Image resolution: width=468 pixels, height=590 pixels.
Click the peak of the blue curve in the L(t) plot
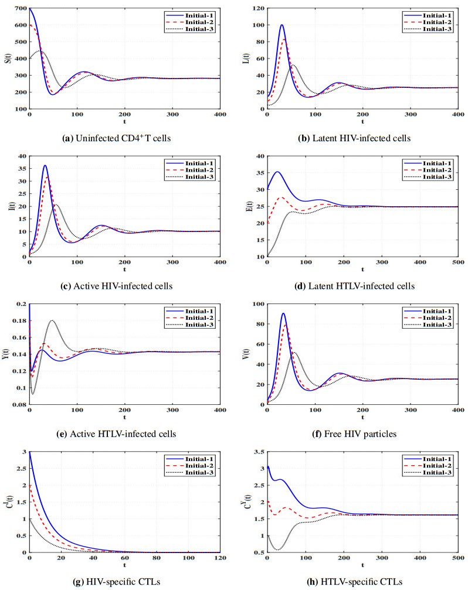click(x=282, y=25)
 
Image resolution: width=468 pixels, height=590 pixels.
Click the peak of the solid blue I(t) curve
click(x=45, y=165)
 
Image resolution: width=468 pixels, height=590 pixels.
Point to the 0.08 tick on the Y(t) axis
click(x=19, y=405)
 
